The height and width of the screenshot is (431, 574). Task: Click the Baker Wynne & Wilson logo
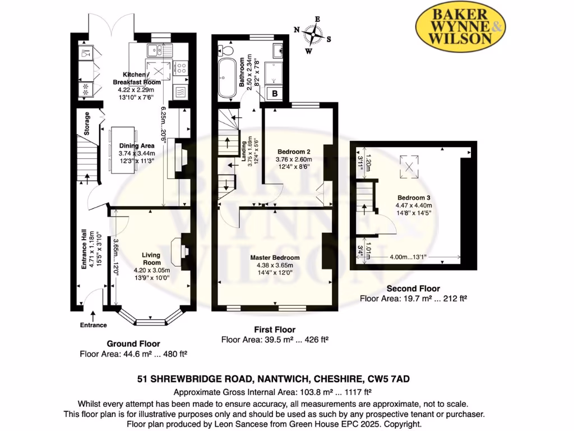pyautogui.click(x=460, y=27)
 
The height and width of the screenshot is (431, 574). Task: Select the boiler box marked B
pyautogui.click(x=275, y=94)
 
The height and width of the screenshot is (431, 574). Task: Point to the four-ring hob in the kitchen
pyautogui.click(x=180, y=68)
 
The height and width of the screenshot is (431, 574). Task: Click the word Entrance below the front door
pyautogui.click(x=93, y=325)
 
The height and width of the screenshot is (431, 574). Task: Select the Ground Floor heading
pyautogui.click(x=133, y=343)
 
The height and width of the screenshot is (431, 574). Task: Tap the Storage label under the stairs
pyautogui.click(x=87, y=123)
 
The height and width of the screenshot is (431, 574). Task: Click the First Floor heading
pyautogui.click(x=275, y=329)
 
